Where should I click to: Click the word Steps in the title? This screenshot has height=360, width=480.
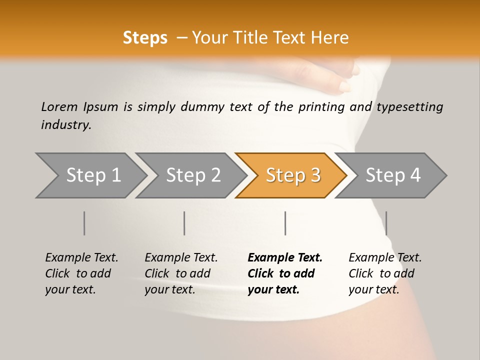click(145, 38)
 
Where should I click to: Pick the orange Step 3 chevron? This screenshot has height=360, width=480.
click(292, 175)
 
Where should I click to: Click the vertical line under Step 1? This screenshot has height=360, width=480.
click(84, 223)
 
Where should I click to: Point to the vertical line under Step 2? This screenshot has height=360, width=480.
click(184, 223)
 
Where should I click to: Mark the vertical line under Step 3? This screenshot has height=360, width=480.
click(285, 223)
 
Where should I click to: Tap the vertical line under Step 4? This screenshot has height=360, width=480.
click(386, 223)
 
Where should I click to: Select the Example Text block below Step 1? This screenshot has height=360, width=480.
click(81, 273)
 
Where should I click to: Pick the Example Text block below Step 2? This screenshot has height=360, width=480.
click(181, 273)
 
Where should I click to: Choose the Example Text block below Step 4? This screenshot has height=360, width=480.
click(385, 273)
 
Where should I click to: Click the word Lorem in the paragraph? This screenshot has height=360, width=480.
click(59, 106)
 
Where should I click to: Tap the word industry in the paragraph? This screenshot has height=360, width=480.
click(65, 125)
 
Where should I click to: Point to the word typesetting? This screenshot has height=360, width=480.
click(409, 107)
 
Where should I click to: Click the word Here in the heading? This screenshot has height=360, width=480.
click(329, 38)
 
